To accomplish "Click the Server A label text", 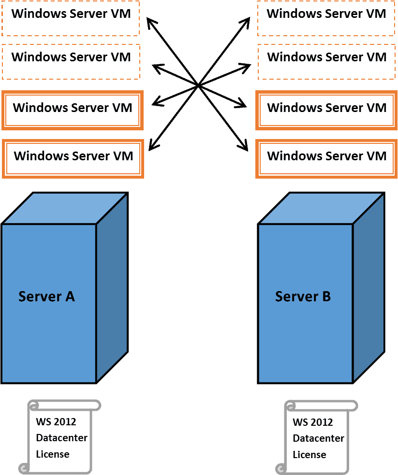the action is (x=46, y=296).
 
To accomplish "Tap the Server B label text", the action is (x=303, y=296).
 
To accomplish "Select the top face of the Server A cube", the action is (x=64, y=208).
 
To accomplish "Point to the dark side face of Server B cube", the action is (x=369, y=288).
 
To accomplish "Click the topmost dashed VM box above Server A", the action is (x=71, y=18).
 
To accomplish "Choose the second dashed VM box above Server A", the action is (x=71, y=62).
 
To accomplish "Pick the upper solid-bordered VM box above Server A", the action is (x=72, y=110).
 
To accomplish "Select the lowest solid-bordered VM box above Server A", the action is (x=73, y=159).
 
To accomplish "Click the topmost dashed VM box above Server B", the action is (x=326, y=18).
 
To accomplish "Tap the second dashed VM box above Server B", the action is (x=326, y=62).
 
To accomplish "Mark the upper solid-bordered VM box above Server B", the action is (x=326, y=110).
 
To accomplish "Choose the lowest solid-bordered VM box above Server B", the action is (x=326, y=159).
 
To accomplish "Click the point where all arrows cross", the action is (x=198, y=86).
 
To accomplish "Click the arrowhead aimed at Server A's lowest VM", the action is (x=153, y=145).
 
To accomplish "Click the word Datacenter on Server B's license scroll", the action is (x=319, y=438).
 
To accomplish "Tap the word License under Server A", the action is (x=53, y=454).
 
